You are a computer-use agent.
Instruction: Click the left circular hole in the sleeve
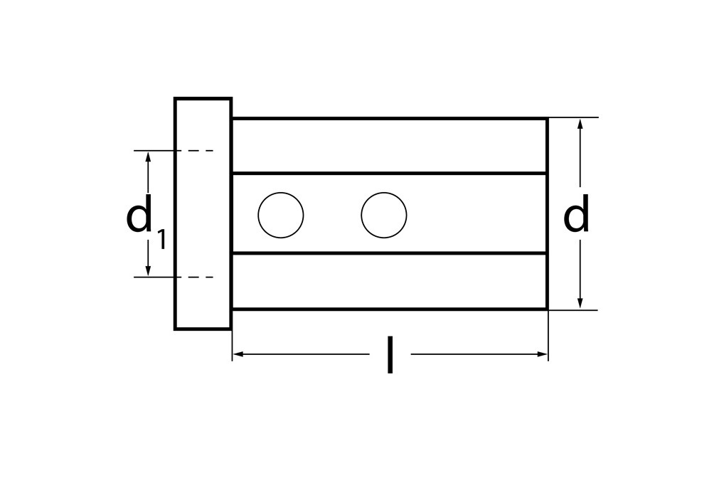click(x=281, y=215)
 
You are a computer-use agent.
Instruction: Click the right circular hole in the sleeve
click(x=384, y=215)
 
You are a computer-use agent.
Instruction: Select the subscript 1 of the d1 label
click(x=161, y=240)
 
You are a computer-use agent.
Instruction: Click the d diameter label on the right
click(x=576, y=215)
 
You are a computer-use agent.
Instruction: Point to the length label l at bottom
click(x=390, y=355)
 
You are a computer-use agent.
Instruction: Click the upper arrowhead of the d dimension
click(x=580, y=124)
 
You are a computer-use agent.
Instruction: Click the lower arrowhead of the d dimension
click(x=580, y=303)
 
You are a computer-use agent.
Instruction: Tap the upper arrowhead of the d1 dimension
click(x=148, y=156)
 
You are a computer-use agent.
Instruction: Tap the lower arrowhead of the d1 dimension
click(x=148, y=270)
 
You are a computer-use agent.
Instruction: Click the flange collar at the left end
click(x=203, y=213)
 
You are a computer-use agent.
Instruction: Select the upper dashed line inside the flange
click(x=195, y=151)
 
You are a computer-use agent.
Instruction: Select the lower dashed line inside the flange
click(x=195, y=277)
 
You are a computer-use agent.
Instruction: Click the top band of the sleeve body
click(x=389, y=146)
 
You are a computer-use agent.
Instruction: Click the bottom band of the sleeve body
click(x=389, y=281)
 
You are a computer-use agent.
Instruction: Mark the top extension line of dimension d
click(x=573, y=117)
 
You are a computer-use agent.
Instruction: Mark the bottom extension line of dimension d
click(x=573, y=310)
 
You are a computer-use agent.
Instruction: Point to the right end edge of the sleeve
click(x=547, y=213)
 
